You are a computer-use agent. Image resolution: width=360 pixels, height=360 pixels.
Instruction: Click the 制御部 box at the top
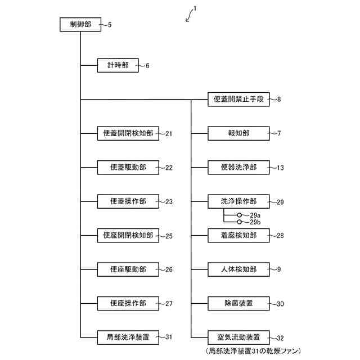pos(80,25)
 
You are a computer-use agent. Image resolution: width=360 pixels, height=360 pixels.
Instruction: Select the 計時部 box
pos(118,66)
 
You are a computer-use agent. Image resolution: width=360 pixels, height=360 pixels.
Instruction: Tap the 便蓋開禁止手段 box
pos(238,100)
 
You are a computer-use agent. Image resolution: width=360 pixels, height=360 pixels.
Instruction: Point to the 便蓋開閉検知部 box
pos(128,134)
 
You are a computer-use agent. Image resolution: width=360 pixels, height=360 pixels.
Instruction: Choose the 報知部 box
pos(238,134)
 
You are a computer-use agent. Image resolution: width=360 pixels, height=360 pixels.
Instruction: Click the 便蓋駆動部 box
pos(128,168)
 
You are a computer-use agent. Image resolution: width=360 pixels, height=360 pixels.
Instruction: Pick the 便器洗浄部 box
pos(238,168)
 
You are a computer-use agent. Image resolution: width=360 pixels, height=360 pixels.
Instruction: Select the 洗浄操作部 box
pos(238,201)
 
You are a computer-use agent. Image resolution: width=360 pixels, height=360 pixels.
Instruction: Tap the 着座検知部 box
pos(238,235)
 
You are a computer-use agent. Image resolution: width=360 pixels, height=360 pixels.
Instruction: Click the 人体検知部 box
pos(238,269)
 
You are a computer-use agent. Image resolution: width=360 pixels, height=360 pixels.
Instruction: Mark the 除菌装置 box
pos(238,304)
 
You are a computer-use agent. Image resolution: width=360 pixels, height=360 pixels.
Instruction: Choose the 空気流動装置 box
pos(238,337)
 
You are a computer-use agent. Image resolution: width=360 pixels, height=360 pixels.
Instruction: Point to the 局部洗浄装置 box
pos(128,337)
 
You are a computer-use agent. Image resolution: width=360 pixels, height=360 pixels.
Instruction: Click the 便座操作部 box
pos(128,304)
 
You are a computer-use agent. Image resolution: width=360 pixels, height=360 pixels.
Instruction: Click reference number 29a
pos(255,215)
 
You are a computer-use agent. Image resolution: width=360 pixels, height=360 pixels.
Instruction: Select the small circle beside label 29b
pos(239,222)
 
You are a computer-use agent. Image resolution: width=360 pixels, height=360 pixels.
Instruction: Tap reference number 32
pos(280,338)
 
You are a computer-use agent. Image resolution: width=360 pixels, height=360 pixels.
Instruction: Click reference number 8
pos(278,100)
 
